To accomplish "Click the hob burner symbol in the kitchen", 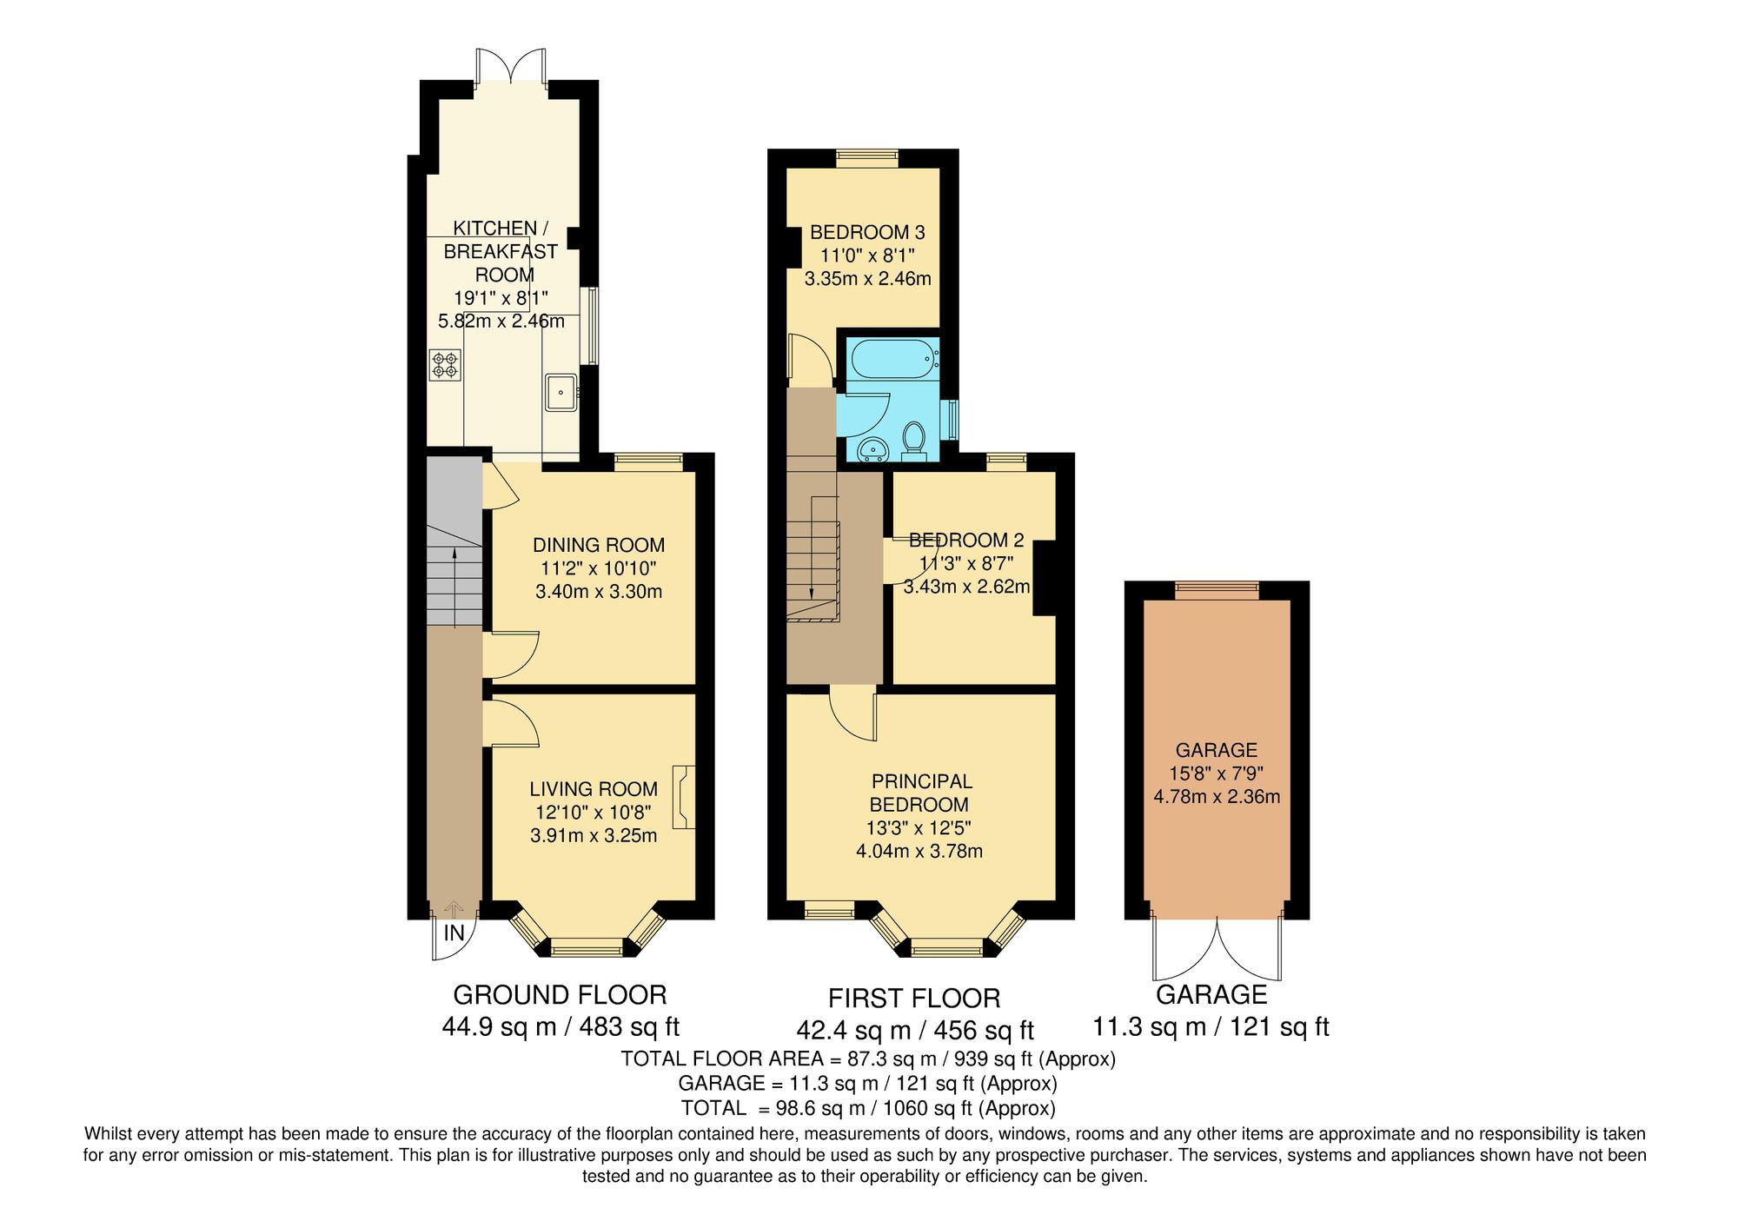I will (445, 364).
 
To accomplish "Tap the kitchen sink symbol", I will (561, 392).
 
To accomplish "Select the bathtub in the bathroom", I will (893, 358).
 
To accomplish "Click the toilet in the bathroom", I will (913, 438).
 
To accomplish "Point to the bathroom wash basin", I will (871, 449).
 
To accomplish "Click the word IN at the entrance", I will (454, 934).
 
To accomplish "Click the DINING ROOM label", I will (598, 545).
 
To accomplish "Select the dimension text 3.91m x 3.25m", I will (594, 836).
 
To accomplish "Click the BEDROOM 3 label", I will (866, 232).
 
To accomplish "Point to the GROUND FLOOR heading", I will (560, 995).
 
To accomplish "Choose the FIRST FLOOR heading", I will (913, 999).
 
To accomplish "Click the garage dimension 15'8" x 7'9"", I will (1216, 773).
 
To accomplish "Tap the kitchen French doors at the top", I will (512, 68).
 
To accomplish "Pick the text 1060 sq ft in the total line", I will (926, 1108).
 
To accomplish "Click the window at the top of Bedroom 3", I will (866, 157).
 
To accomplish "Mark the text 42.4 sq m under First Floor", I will (853, 1031).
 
